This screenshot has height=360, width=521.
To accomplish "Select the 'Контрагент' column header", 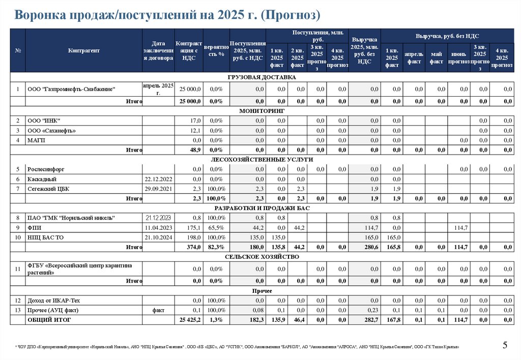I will [84, 50].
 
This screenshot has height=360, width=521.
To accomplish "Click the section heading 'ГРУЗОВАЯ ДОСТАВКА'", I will [263, 77].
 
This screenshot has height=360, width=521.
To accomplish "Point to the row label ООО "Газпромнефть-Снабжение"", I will [72, 89].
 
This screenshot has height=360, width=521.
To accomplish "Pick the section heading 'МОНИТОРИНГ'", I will [263, 110].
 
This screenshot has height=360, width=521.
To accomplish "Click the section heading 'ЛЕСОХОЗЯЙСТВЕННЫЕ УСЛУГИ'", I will [263, 159].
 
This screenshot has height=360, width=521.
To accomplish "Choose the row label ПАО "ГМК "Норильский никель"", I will [72, 218].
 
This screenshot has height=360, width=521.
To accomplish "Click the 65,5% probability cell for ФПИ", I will [216, 227].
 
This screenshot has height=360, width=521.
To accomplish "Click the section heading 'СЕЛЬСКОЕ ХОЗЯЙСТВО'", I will [263, 257].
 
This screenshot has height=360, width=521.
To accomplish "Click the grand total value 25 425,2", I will [190, 320].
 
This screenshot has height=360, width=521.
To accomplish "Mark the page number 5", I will [505, 346].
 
